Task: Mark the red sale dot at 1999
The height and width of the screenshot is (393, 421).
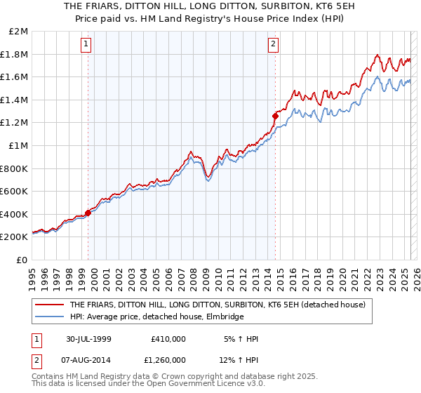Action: click(x=88, y=213)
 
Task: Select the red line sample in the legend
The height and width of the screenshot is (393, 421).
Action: click(x=49, y=305)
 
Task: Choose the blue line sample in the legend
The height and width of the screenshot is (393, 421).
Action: click(x=49, y=317)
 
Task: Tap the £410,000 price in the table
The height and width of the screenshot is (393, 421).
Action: click(x=168, y=339)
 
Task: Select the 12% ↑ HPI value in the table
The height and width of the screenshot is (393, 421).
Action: click(x=240, y=359)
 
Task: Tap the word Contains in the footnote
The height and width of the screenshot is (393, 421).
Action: click(x=48, y=378)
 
